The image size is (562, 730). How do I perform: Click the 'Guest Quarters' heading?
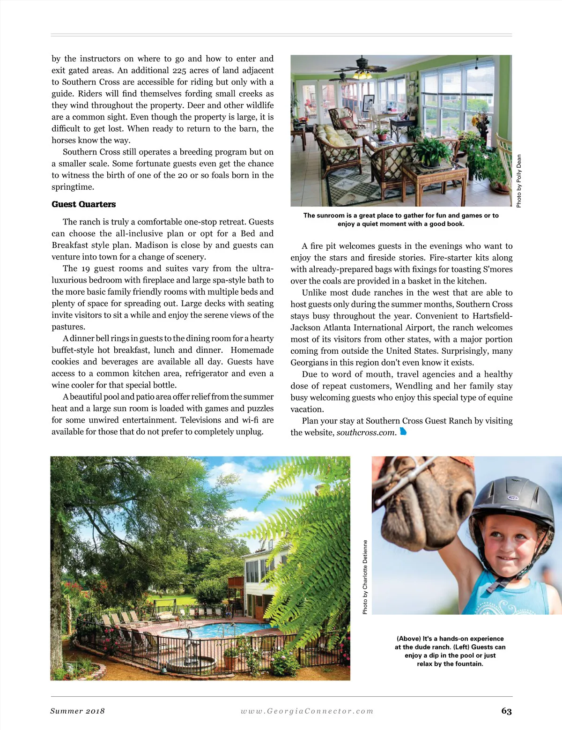tap(83, 204)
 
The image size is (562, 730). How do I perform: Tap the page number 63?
tap(506, 711)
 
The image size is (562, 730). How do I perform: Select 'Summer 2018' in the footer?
tap(77, 711)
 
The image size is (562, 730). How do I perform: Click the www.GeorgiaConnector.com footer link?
tap(307, 711)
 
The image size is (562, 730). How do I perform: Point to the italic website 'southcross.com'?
tap(366, 432)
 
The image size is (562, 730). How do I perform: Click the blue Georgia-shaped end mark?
tap(403, 432)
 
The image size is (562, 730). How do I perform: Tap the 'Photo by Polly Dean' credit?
tap(518, 181)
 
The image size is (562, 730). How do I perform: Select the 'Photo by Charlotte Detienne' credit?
tap(365, 577)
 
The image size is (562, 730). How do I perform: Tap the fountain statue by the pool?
tap(189, 644)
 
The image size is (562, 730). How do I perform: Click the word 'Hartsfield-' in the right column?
tap(492, 316)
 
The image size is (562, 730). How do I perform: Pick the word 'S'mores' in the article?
tap(497, 269)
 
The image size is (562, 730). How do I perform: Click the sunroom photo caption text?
tap(401, 220)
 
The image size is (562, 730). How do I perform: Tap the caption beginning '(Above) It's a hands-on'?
tap(450, 651)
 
